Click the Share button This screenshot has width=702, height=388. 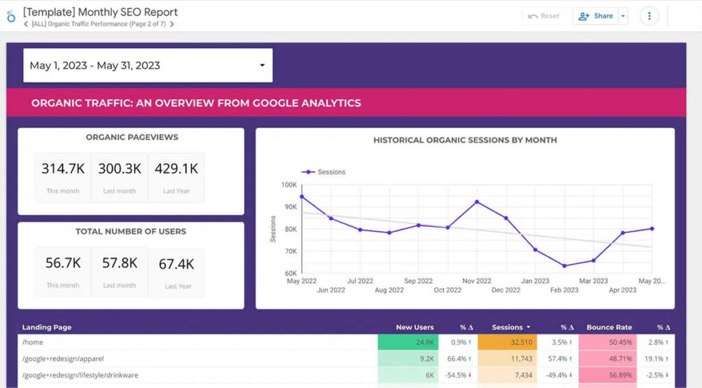pos(596,16)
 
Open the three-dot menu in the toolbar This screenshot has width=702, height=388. pos(649,16)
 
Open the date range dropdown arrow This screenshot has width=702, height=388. pos(262,66)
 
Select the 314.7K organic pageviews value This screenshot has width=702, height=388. pos(62,169)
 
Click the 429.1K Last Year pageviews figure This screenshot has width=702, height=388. pos(176,169)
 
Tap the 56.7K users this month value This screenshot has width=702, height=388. pos(62,263)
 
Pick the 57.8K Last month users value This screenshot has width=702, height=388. pos(119,263)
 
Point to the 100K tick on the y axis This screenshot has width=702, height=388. pos(288,185)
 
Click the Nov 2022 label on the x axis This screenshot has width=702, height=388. pos(476,281)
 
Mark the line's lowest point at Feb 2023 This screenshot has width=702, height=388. pos(564,266)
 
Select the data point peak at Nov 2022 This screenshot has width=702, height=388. pos(476,202)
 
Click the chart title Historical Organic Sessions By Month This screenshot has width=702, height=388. pos(465,140)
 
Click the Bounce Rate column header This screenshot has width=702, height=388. pos(609,328)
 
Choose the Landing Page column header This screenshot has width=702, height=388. pos(47,328)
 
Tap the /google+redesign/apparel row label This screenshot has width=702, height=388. pos(63,359)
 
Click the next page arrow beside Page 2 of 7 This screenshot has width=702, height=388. pos(172,24)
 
